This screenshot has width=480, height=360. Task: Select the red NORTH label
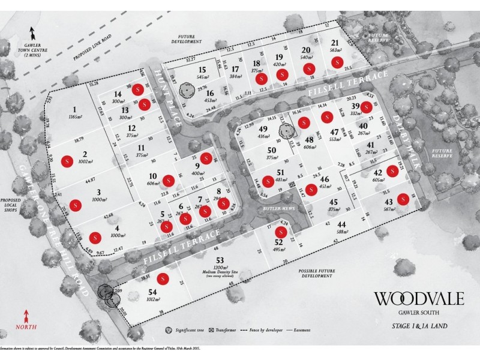point(26,328)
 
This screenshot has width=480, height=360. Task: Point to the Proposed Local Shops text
point(13,208)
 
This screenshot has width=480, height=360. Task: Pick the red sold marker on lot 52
point(279,232)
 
